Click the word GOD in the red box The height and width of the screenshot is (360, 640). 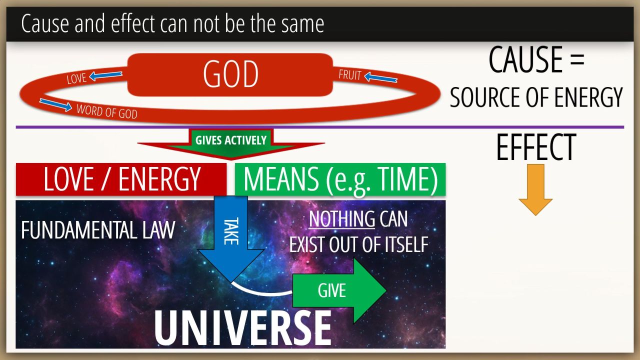[x=230, y=74]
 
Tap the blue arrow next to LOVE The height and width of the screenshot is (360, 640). [x=105, y=75]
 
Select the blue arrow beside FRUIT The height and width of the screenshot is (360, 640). [x=381, y=77]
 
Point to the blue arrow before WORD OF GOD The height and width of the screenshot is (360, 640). [x=55, y=105]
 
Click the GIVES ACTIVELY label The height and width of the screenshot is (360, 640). [x=231, y=140]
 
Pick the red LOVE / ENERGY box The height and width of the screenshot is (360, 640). [x=121, y=179]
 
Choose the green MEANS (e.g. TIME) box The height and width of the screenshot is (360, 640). [x=340, y=179]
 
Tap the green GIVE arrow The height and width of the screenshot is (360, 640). [x=339, y=290]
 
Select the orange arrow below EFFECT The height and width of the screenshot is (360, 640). [x=535, y=189]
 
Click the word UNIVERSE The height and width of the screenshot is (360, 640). [x=242, y=327]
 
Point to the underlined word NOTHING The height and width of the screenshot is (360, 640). [x=341, y=219]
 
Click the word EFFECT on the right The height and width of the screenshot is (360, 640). [x=536, y=147]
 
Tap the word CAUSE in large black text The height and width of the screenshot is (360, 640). [x=525, y=59]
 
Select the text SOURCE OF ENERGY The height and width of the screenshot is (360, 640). [x=536, y=97]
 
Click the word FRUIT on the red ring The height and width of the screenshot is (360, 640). [x=350, y=75]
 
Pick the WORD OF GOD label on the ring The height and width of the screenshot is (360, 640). [x=107, y=111]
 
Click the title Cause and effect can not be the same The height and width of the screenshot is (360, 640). [x=172, y=23]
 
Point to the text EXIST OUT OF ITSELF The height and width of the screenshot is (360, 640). [x=359, y=244]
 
